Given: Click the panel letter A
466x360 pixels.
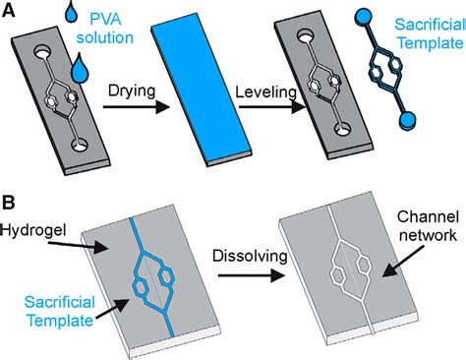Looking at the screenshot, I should click(9, 12).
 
